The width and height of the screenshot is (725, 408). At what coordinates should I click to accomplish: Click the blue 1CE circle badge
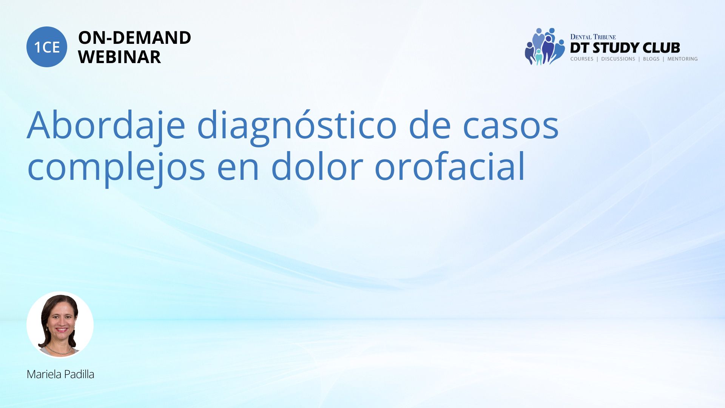pyautogui.click(x=47, y=47)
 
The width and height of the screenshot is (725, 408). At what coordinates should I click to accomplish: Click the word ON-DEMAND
pyautogui.click(x=134, y=38)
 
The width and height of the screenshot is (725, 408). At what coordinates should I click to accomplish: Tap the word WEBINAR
pyautogui.click(x=119, y=57)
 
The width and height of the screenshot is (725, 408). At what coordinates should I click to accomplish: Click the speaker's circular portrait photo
pyautogui.click(x=60, y=325)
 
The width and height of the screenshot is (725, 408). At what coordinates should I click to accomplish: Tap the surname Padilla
pyautogui.click(x=79, y=374)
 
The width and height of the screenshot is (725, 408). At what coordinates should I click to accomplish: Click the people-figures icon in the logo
pyautogui.click(x=545, y=46)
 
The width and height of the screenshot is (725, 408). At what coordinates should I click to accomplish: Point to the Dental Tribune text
pyautogui.click(x=593, y=37)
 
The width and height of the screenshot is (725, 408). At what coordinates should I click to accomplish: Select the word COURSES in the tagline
pyautogui.click(x=582, y=59)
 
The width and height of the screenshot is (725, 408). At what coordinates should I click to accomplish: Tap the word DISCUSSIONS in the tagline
pyautogui.click(x=618, y=59)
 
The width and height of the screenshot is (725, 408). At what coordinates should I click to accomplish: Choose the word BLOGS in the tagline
pyautogui.click(x=651, y=59)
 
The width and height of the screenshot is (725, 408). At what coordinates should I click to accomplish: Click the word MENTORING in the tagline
pyautogui.click(x=682, y=59)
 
